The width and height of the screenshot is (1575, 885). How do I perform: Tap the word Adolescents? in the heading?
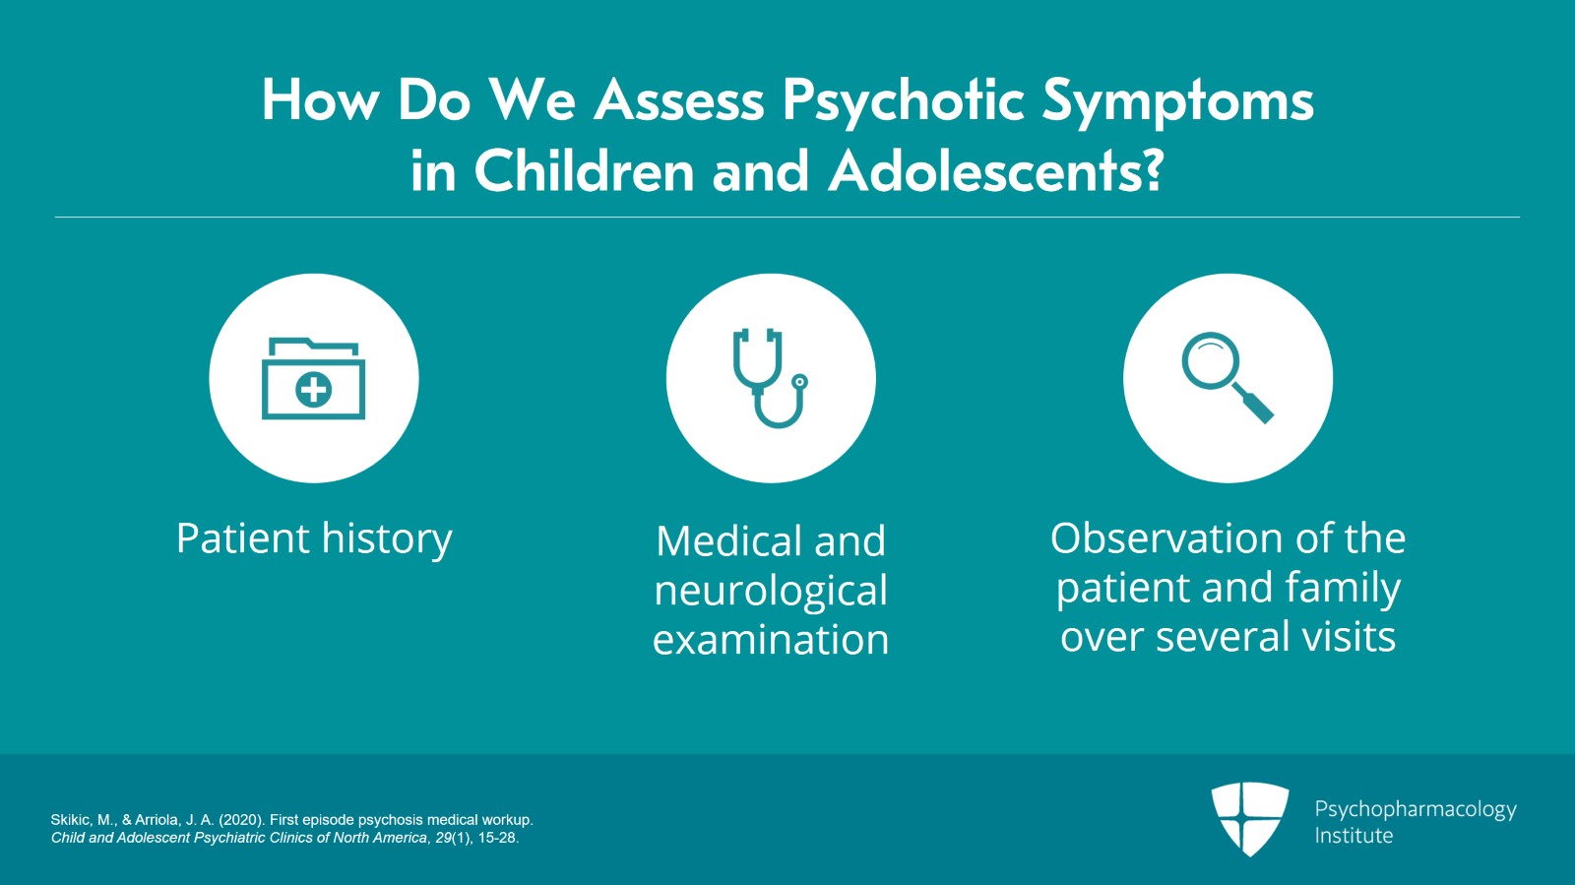(996, 171)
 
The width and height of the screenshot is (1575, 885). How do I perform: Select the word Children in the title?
(585, 171)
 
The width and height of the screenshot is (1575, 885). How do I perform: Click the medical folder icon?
(314, 378)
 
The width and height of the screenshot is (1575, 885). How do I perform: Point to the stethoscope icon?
(769, 377)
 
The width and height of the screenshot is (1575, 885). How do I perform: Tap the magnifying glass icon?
(1227, 377)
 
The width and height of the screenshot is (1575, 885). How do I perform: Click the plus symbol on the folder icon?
(314, 390)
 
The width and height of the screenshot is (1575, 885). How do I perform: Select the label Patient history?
(314, 539)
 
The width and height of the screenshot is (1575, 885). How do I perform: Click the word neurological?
(771, 590)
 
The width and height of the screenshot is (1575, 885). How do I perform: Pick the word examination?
(771, 640)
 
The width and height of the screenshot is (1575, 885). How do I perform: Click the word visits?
(1349, 637)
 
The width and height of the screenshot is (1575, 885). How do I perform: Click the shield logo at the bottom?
(1249, 819)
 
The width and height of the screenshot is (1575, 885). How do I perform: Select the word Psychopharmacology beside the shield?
(1416, 810)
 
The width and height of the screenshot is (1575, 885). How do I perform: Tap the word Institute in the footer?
(1354, 836)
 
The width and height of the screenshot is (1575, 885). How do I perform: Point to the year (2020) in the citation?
(242, 820)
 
